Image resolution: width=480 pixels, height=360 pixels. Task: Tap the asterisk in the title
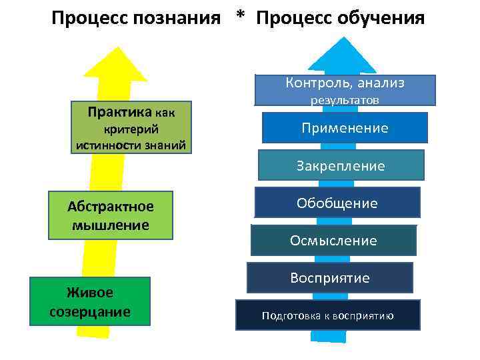pyautogui.click(x=240, y=17)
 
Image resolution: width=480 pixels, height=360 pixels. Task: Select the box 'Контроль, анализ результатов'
pyautogui.click(x=345, y=91)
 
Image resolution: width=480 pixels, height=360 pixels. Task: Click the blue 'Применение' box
pyautogui.click(x=345, y=128)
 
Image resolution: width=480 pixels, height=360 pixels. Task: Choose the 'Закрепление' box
pyautogui.click(x=341, y=165)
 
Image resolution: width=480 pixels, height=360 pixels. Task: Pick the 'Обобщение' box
pyautogui.click(x=337, y=203)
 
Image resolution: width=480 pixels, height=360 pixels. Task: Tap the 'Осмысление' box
pyautogui.click(x=333, y=240)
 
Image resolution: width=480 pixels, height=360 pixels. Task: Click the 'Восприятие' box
pyautogui.click(x=329, y=277)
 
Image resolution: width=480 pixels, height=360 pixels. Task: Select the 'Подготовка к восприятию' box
pyautogui.click(x=327, y=315)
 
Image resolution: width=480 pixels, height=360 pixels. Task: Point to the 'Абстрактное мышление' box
pyautogui.click(x=111, y=215)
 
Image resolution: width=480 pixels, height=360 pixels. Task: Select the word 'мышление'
pyautogui.click(x=111, y=225)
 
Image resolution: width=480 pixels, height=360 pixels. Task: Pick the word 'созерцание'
pyautogui.click(x=90, y=312)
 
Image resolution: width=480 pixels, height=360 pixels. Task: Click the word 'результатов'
pyautogui.click(x=345, y=100)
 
